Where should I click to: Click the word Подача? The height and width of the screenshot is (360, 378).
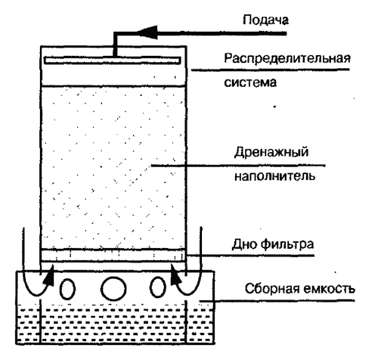[265, 20]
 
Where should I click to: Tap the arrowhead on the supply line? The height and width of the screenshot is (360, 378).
[147, 33]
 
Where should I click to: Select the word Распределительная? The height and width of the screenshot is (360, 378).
[287, 59]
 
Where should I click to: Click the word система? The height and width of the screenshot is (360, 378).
[250, 82]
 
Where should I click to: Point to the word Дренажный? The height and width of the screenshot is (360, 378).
[271, 153]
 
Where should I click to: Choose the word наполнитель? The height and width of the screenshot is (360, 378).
[274, 176]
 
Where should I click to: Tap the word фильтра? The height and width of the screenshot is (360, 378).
[287, 244]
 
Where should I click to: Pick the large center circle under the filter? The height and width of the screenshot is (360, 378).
[113, 288]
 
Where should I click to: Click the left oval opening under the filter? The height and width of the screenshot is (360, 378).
[67, 289]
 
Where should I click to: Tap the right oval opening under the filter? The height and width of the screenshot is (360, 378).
[158, 287]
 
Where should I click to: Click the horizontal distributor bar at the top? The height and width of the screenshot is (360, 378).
[113, 61]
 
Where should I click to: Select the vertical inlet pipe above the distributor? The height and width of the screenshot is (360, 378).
[115, 45]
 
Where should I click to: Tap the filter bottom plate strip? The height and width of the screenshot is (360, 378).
[113, 255]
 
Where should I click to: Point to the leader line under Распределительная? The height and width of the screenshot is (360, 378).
[271, 70]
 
